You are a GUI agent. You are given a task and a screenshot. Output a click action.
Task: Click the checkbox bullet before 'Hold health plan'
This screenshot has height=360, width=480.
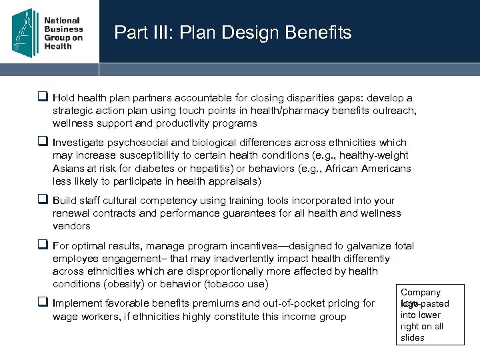(44, 97)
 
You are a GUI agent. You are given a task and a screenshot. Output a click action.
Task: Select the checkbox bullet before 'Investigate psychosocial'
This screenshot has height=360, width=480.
(44, 142)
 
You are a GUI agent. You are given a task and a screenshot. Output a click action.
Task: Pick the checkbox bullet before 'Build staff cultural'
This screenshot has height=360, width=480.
(44, 200)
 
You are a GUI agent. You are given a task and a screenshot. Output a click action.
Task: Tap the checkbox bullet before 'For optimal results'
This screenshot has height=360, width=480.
(44, 245)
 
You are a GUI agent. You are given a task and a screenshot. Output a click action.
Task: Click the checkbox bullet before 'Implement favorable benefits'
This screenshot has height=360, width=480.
(44, 303)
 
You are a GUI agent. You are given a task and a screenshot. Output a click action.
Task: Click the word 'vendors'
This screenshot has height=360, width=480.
(71, 227)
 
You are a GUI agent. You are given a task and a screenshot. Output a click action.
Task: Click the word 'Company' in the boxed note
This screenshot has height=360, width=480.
(421, 292)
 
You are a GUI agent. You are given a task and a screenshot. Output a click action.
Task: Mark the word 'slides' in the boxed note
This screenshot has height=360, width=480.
(413, 337)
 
